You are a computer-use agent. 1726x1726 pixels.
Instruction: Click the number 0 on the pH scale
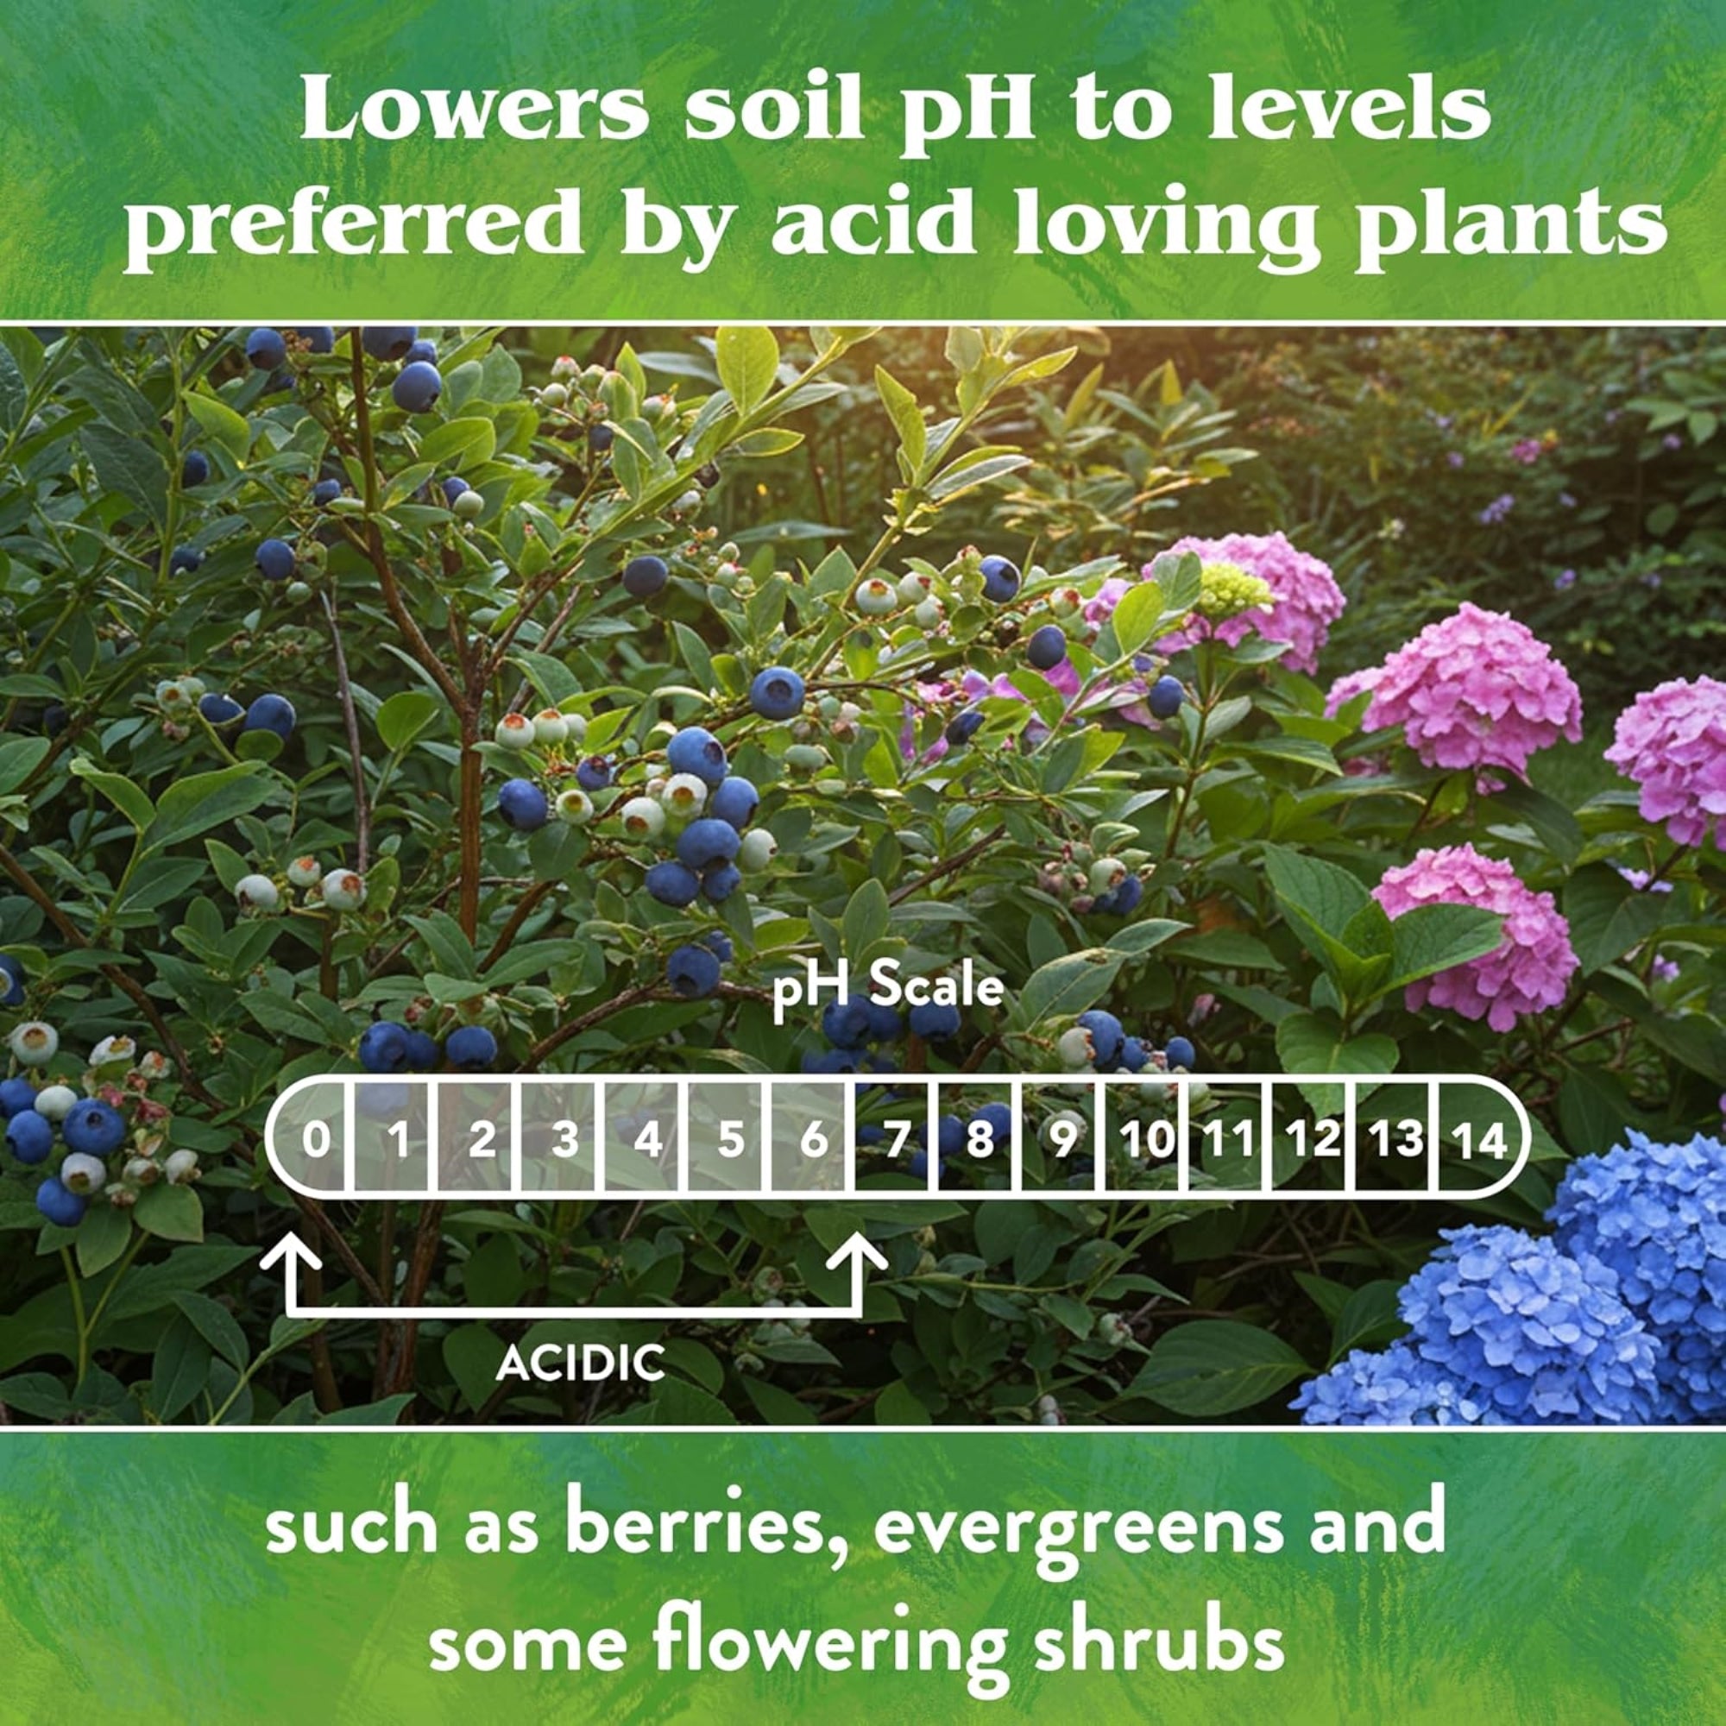pos(314,1140)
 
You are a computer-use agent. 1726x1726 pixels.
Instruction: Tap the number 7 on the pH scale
pos(897,1140)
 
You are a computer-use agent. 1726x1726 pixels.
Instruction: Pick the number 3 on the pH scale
pos(564,1140)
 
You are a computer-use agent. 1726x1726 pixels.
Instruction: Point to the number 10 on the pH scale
pos(1146,1140)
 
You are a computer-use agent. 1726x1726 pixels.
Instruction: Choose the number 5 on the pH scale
pos(731,1140)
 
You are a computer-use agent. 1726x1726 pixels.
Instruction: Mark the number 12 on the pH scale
pos(1313,1140)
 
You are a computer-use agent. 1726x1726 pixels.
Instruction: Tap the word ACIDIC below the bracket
pos(581,1363)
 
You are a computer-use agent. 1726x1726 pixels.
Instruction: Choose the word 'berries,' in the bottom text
pos(703,1524)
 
